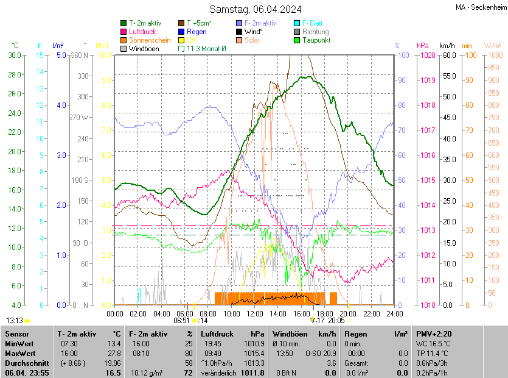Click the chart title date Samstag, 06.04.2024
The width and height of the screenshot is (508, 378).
tap(256, 9)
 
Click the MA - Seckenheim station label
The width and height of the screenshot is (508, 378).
tap(480, 7)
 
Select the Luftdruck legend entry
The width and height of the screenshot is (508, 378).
tap(143, 32)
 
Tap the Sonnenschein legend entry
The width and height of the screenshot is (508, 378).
tap(150, 40)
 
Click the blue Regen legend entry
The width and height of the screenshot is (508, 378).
tap(197, 32)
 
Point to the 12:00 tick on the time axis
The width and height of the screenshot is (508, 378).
tap(255, 314)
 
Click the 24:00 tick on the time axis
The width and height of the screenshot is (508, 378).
tap(395, 314)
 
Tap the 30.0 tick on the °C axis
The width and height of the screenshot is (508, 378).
tap(13, 55)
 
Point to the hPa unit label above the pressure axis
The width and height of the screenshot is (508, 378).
tap(423, 46)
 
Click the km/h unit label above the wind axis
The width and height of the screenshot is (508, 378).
tap(447, 46)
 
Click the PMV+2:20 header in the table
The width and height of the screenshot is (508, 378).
tap(433, 334)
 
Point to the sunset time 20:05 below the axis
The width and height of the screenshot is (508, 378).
tap(336, 320)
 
